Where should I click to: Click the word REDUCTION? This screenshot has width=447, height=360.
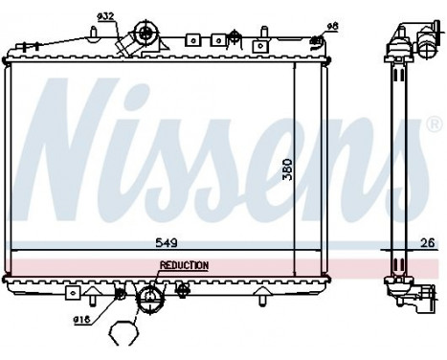click(183, 265)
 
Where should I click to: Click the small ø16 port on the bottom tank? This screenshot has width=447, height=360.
click(120, 293)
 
